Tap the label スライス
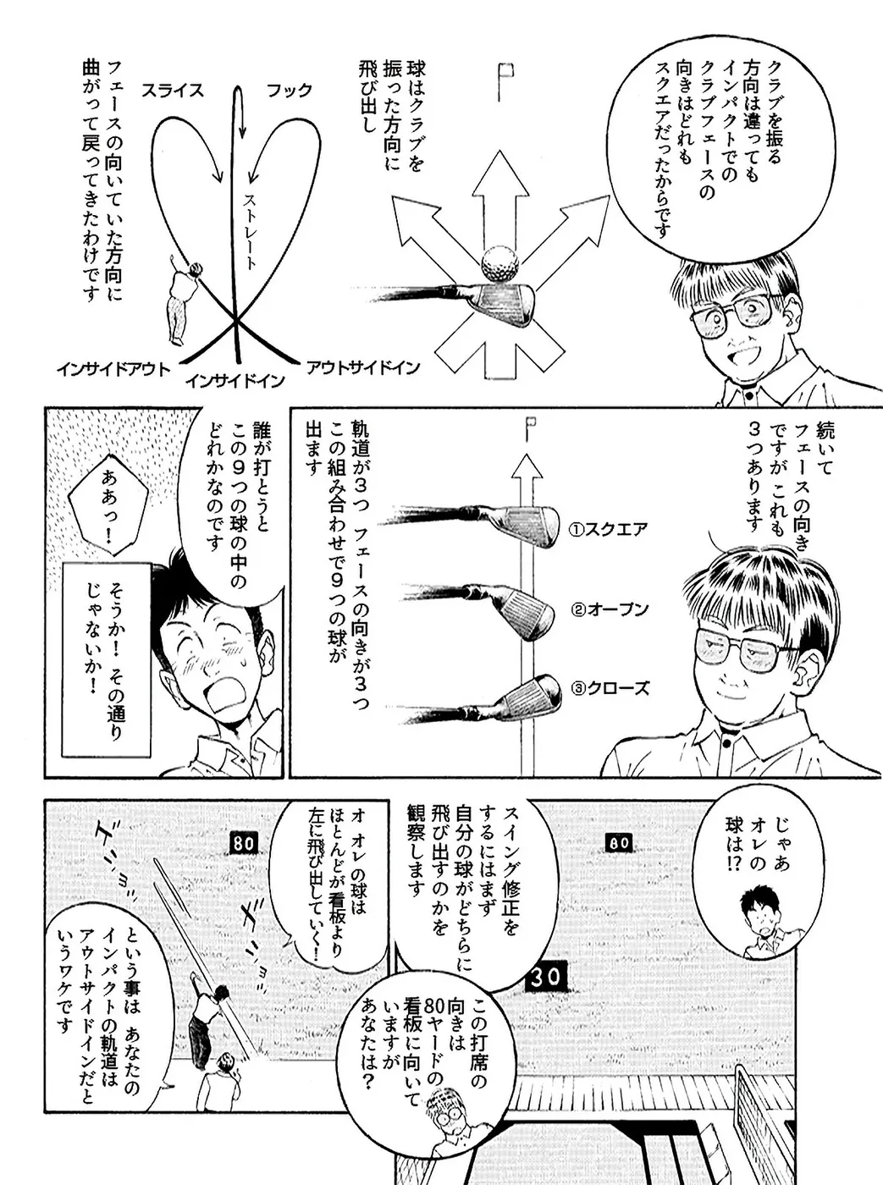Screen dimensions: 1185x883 pyautogui.click(x=173, y=91)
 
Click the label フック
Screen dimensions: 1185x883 pyautogui.click(x=289, y=91)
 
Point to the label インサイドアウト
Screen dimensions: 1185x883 pyautogui.click(x=113, y=369)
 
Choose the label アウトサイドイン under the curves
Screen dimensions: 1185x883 pyautogui.click(x=362, y=367)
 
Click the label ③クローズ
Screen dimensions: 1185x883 pyautogui.click(x=610, y=688)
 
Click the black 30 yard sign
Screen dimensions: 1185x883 pyautogui.click(x=546, y=977)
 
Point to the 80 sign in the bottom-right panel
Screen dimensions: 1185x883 pyautogui.click(x=619, y=843)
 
